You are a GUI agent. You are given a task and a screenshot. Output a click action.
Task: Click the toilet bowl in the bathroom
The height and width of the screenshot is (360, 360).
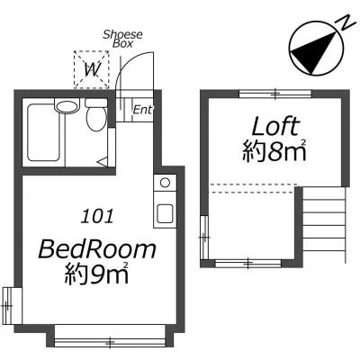point(96,119)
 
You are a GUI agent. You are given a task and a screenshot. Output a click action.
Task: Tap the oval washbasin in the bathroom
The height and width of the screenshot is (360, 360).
point(67,106)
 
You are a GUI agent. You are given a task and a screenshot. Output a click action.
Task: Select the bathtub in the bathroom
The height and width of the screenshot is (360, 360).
point(43,132)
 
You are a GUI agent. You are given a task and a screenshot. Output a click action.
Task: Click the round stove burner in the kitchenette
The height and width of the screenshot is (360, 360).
point(165,183)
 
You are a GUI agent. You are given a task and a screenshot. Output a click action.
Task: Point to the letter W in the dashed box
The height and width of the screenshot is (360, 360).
point(92,70)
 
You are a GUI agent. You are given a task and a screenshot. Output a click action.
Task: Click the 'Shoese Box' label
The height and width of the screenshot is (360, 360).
point(122,39)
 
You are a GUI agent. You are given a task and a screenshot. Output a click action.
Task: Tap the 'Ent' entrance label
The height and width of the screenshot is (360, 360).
point(142,110)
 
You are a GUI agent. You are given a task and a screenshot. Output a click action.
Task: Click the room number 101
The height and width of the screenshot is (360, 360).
point(98,216)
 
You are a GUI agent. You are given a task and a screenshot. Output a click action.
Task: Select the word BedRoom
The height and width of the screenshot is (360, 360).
point(97,250)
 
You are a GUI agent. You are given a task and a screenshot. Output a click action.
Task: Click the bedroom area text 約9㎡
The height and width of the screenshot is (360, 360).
point(97,274)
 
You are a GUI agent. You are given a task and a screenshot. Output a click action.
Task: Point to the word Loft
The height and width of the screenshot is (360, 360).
point(275,126)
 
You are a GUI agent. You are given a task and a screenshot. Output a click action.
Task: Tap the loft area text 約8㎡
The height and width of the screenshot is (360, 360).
point(274,151)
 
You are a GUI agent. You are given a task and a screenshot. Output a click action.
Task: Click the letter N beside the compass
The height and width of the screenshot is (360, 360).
point(346,22)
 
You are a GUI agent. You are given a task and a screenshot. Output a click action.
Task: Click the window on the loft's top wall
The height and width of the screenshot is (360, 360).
point(275,94)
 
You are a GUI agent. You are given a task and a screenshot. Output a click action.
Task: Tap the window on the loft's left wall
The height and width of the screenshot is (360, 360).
point(204,238)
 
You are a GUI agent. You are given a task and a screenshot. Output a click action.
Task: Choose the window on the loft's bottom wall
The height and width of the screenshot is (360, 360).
point(248,264)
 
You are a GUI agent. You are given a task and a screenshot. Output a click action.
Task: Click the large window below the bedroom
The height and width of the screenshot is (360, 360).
point(110,342)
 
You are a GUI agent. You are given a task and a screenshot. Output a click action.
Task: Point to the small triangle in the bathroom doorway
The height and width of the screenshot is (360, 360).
point(103,162)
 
